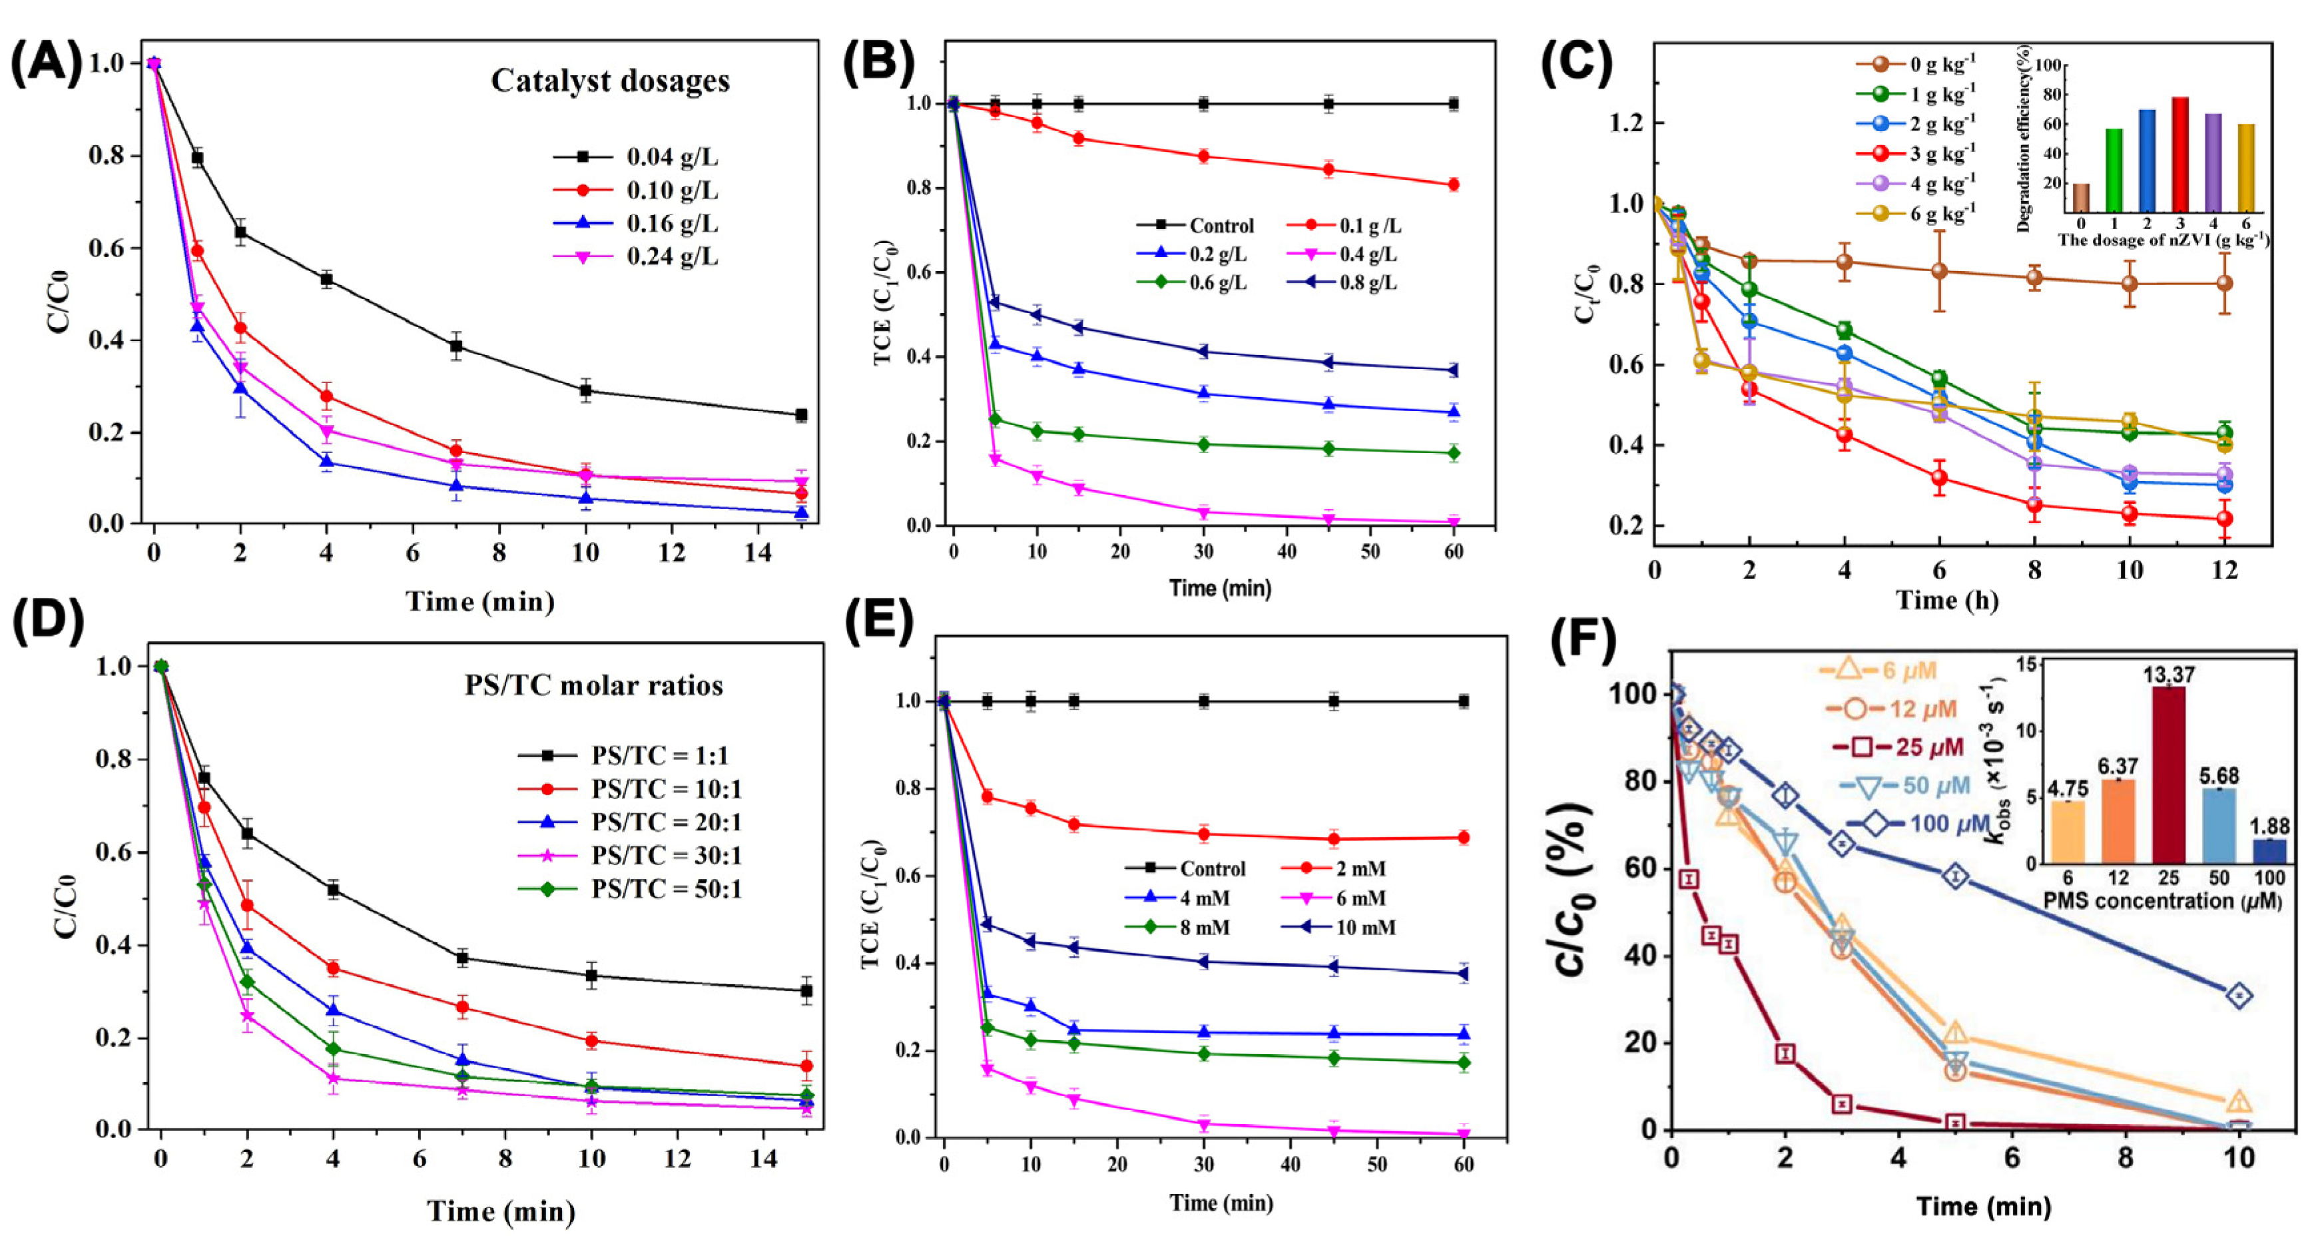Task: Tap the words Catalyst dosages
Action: pos(610,81)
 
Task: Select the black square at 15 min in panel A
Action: pos(801,415)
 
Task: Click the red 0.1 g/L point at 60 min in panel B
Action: pos(1453,185)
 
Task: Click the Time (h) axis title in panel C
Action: pos(1947,600)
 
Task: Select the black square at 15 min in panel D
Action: pos(806,992)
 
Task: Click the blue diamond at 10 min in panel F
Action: pos(2239,995)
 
